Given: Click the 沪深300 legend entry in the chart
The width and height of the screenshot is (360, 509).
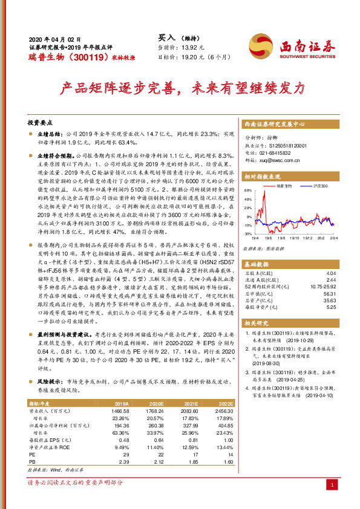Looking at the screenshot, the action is pos(321,186).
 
